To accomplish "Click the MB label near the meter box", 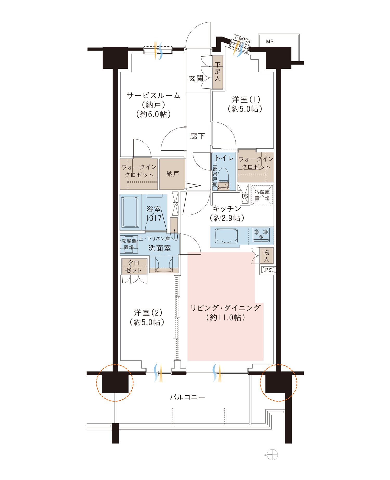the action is pos(270,41).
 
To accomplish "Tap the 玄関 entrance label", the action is pos(196,78).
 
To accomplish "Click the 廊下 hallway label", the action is pos(197,136).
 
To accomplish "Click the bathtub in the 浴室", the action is pos(130,212).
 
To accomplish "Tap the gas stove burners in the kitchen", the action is pos(261,233).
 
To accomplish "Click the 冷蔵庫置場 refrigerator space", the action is pos(262,195).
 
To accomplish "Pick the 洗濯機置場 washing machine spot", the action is pos(129,244).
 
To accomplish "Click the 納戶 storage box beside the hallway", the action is pos(172,174).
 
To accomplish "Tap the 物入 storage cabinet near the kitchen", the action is pos(266,255).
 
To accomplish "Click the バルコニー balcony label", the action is pos(187,397).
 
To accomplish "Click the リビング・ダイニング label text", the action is pos(225,308).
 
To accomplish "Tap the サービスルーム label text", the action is pos(153,95).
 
